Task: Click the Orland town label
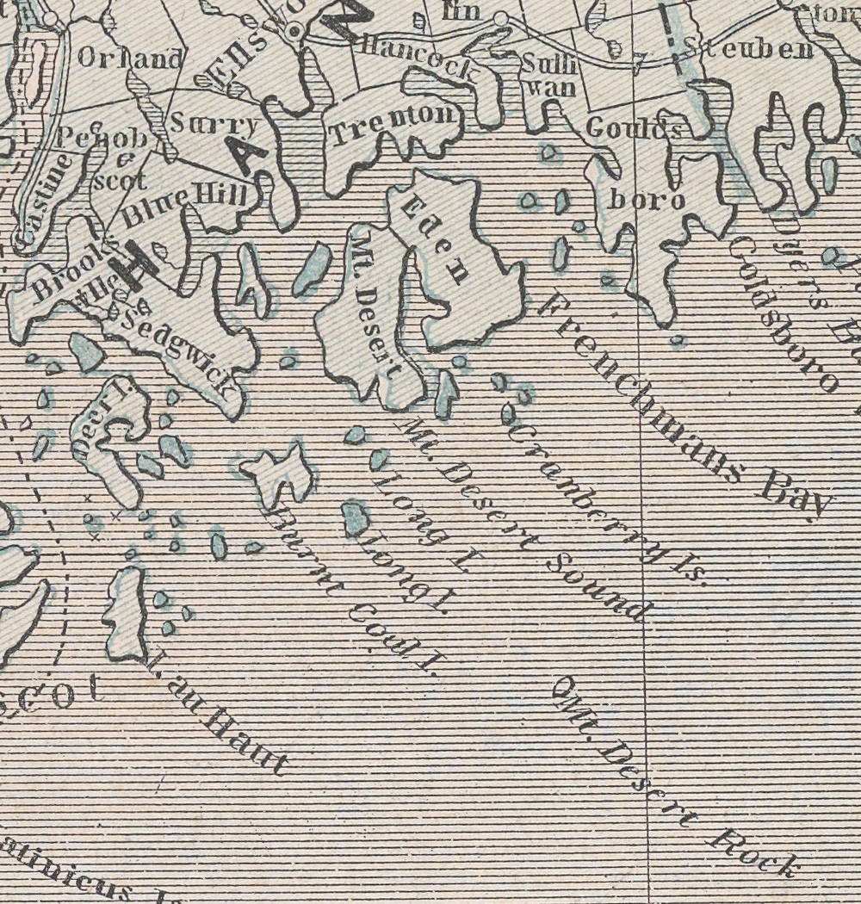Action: [x=130, y=59]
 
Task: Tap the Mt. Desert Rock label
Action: [x=676, y=775]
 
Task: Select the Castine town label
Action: [x=42, y=202]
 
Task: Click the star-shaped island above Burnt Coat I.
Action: [x=278, y=472]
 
